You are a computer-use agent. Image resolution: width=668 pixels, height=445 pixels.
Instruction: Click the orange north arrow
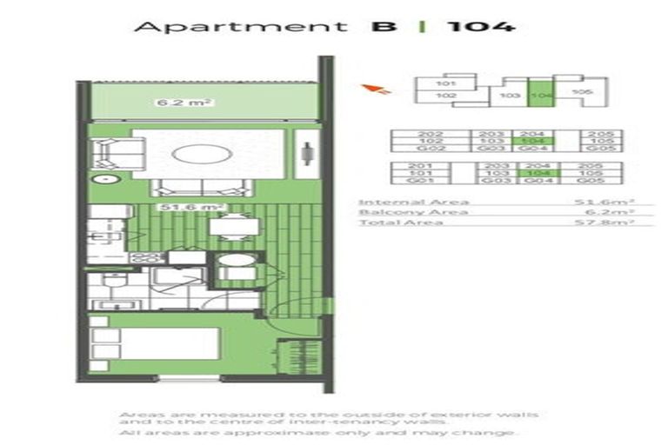coord(379,88)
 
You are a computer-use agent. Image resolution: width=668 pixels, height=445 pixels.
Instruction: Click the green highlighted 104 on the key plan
coord(541,95)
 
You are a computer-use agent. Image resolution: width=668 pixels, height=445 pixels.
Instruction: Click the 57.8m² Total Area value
coord(612,223)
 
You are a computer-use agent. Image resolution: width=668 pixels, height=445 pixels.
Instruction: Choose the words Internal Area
coord(402,202)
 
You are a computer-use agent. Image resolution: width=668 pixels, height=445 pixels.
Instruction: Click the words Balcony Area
coord(402,213)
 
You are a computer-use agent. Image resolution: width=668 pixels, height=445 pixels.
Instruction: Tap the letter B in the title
coord(384,26)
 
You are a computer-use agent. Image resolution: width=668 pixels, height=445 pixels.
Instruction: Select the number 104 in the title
coord(480,26)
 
